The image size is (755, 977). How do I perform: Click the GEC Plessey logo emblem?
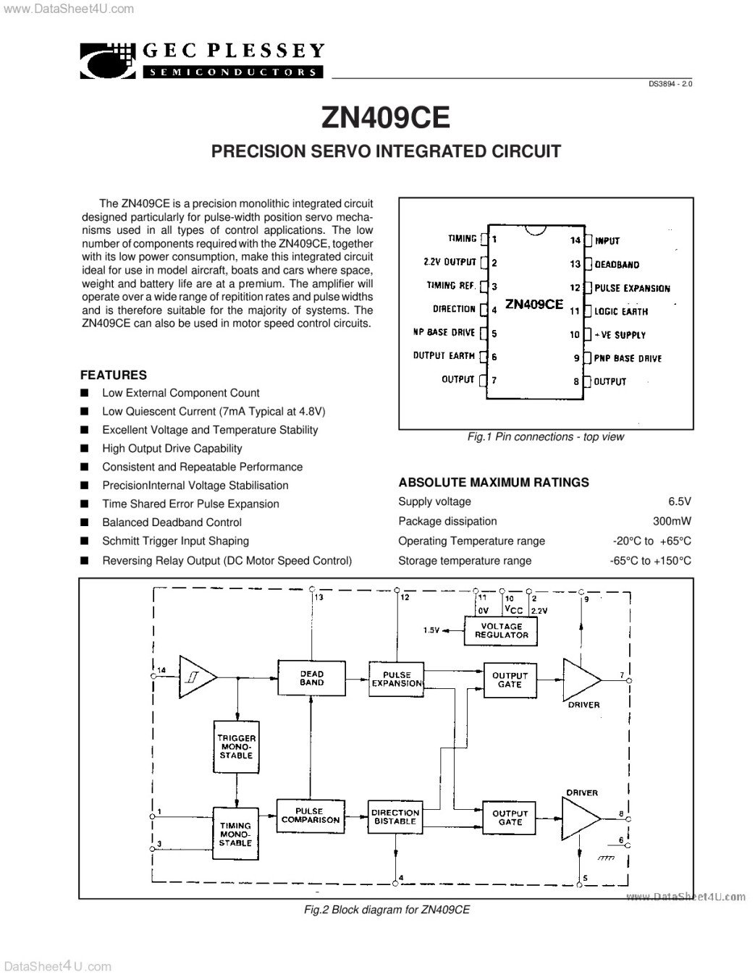tap(108, 61)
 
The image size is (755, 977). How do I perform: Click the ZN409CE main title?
tap(385, 117)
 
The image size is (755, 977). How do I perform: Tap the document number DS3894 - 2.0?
tap(670, 84)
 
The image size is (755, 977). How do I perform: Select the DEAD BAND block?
tap(311, 677)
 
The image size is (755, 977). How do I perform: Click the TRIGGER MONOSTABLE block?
tap(236, 747)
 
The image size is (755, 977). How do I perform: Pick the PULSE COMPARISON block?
tap(311, 816)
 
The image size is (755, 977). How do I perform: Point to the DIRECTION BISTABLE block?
tap(395, 817)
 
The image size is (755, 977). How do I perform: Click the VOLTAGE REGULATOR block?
tap(501, 631)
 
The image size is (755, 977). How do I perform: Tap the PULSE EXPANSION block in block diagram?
tap(396, 679)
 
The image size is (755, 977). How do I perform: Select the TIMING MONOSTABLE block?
tap(236, 834)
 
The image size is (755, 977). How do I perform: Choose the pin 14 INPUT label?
tap(607, 241)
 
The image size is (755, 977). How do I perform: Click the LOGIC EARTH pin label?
tap(621, 312)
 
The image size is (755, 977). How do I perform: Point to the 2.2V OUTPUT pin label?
tap(450, 262)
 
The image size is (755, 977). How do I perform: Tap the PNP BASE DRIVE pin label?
tap(628, 358)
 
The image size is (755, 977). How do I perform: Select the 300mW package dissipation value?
tap(672, 521)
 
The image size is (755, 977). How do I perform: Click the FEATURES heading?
tap(114, 375)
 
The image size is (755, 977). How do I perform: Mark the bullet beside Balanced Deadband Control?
tap(84, 522)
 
